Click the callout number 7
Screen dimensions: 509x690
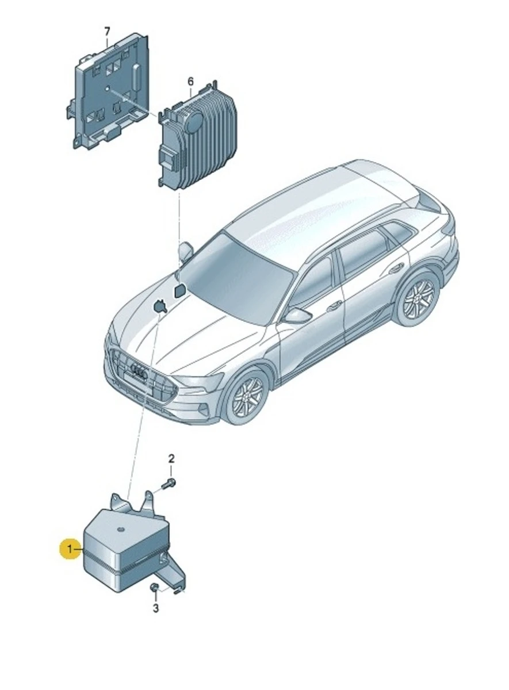[x=107, y=32]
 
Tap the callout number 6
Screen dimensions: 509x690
[x=191, y=82]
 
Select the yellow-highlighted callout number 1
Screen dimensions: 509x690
[x=70, y=549]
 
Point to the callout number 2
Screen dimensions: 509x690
[x=171, y=467]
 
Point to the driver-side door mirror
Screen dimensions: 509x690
[x=298, y=316]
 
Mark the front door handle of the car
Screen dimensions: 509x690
[x=335, y=306]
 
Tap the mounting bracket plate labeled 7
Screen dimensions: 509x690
[x=109, y=92]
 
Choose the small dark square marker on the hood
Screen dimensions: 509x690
[x=179, y=291]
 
